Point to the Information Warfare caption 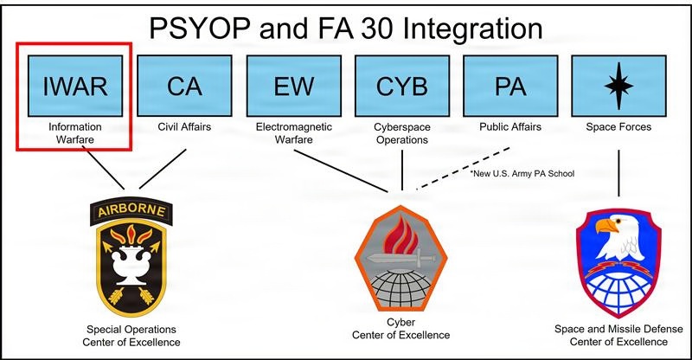tap(75, 133)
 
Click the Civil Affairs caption tap(183, 127)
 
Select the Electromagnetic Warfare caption tap(293, 133)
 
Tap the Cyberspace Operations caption tap(401, 133)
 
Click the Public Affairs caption tap(510, 127)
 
